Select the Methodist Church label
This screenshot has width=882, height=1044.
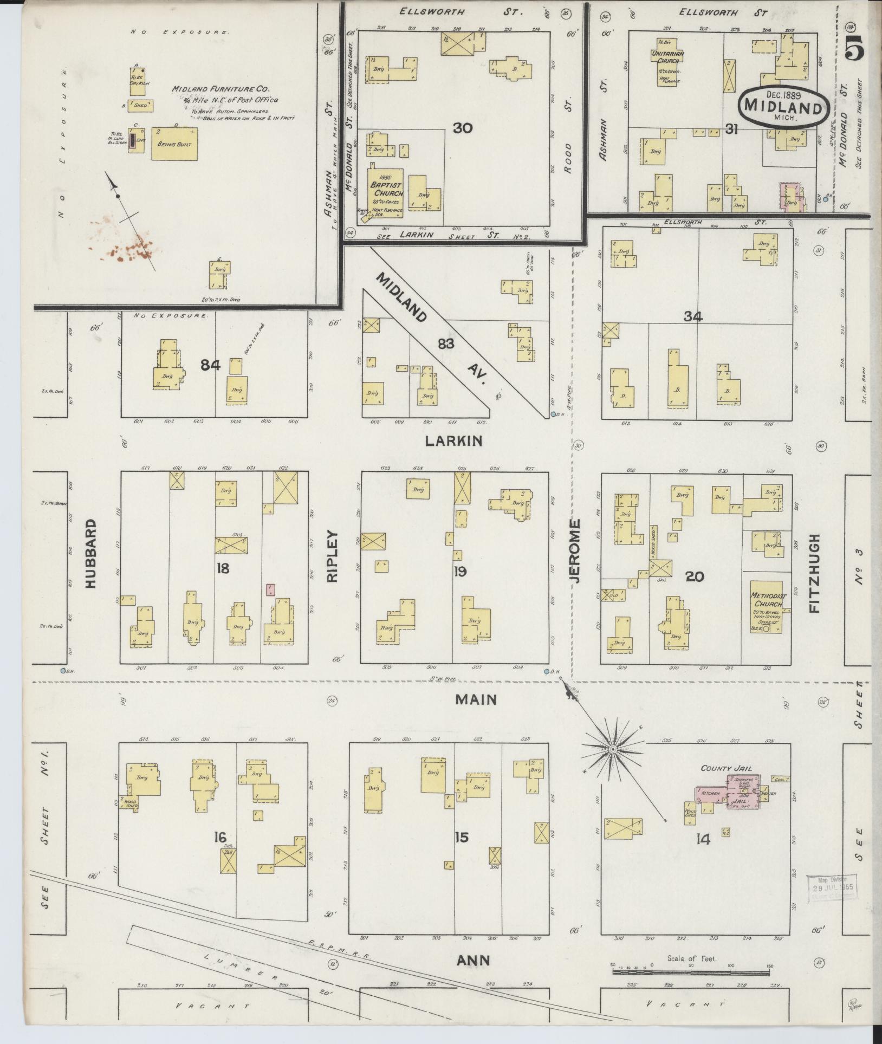coord(766,600)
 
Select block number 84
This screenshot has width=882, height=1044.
coord(210,366)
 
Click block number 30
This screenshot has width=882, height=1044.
coord(463,128)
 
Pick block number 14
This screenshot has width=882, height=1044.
coord(703,840)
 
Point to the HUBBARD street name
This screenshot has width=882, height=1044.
coord(90,554)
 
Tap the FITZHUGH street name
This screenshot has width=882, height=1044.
coord(814,573)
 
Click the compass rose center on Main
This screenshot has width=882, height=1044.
coord(612,749)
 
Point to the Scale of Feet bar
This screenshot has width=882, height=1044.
coord(691,972)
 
